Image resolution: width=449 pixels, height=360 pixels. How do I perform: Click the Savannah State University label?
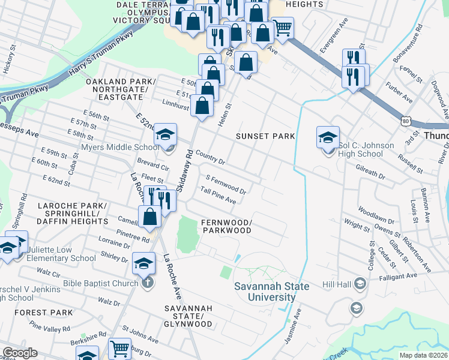272,292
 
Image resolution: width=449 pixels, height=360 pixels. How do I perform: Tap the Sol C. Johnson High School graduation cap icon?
328,137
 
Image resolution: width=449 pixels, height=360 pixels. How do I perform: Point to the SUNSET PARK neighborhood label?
265,136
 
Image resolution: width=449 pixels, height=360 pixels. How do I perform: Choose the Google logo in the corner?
20,353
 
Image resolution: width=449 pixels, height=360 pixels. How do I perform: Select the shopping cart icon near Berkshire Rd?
119,349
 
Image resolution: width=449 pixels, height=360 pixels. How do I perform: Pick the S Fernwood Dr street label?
226,184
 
